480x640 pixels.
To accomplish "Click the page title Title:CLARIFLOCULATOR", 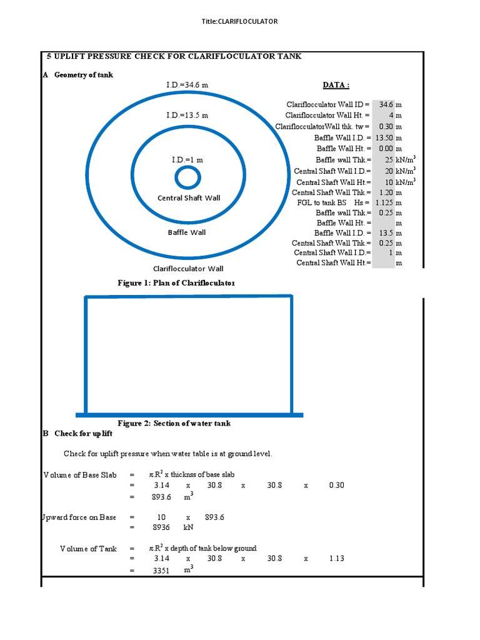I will click(239, 21).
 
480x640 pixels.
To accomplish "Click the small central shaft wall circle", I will click(187, 178).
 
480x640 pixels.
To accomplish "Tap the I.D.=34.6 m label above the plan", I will click(187, 84).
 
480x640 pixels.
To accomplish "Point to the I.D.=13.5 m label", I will click(187, 115).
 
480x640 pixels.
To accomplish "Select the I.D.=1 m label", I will click(187, 160).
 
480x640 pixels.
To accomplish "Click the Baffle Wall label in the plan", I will click(187, 232).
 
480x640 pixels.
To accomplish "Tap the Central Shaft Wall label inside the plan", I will click(189, 198).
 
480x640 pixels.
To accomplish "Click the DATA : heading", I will click(336, 85).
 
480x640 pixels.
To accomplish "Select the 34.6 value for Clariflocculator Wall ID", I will click(386, 104).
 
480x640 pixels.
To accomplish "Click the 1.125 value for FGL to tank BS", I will click(384, 202).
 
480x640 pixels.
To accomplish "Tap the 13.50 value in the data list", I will click(383, 137).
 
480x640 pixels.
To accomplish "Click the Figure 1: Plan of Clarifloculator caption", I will click(176, 283).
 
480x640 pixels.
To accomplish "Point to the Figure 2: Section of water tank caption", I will click(174, 423).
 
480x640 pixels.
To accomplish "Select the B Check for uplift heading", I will click(77, 433).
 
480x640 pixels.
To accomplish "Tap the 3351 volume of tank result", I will click(162, 569).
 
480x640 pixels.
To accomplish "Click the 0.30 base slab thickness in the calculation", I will click(336, 485).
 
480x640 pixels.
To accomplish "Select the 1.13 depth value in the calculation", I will click(336, 558).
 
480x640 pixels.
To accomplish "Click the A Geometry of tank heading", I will click(78, 75).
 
